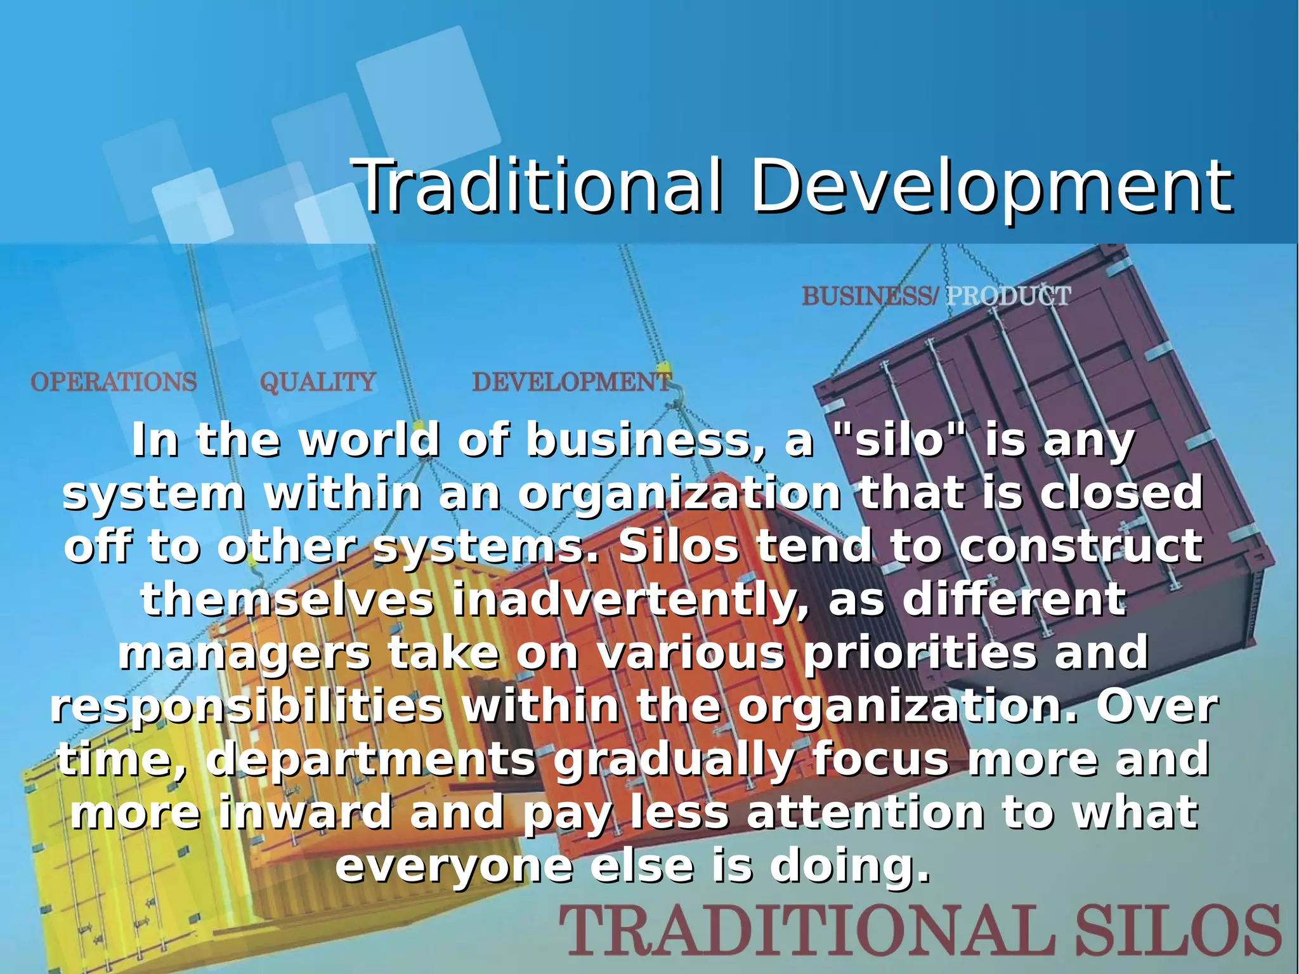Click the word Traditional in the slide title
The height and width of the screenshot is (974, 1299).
tap(539, 186)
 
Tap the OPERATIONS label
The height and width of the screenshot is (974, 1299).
tap(114, 382)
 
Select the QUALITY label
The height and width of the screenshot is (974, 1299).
tap(318, 382)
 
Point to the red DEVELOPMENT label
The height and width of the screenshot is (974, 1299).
tap(571, 382)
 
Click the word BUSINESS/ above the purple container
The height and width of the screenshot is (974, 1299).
tap(869, 296)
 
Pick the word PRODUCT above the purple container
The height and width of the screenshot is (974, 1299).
tap(1009, 296)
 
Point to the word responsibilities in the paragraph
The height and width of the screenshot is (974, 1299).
tap(247, 707)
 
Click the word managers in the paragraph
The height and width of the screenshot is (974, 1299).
tap(244, 654)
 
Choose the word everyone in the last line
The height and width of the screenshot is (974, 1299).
tap(454, 867)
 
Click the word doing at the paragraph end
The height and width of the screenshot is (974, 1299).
tap(850, 867)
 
